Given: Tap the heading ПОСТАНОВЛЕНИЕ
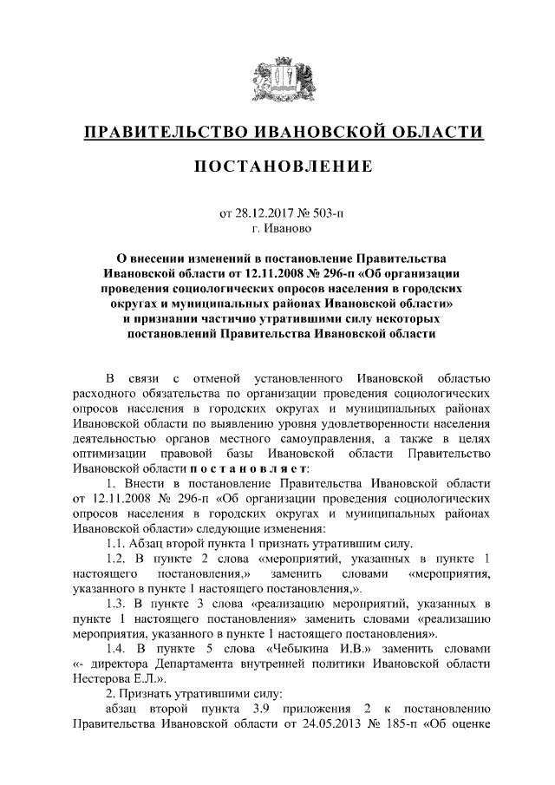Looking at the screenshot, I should [x=277, y=166].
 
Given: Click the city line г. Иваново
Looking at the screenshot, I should [x=277, y=228].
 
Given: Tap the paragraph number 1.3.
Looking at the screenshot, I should [x=114, y=602].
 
